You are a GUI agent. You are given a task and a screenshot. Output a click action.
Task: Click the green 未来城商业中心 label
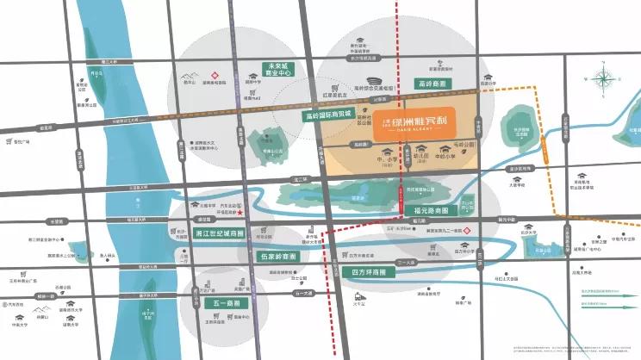coord(283,70)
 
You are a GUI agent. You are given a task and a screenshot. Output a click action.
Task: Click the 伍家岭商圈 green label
coord(278,257)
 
